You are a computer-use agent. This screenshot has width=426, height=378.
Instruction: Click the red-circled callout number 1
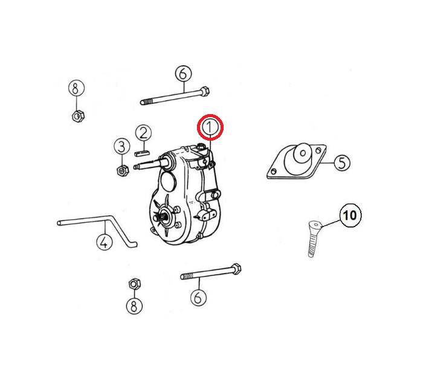point(210,127)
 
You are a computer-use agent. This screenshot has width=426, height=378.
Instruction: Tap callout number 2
point(143,132)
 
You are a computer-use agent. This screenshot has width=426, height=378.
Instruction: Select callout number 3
point(121,147)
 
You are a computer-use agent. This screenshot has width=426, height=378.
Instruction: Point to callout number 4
point(105,242)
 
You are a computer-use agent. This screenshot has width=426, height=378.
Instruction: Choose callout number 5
point(342,162)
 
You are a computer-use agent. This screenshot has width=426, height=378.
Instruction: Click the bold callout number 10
point(350,215)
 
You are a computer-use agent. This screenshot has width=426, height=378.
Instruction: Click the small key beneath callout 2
point(142,153)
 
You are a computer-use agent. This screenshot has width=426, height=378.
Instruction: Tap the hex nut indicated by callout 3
point(122,170)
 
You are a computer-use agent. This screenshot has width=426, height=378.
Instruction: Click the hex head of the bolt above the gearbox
point(204,92)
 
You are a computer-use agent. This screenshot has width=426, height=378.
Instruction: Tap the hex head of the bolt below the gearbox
point(236,269)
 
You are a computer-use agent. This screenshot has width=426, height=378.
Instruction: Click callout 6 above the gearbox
point(183,74)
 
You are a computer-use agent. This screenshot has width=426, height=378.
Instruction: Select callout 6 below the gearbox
point(198,298)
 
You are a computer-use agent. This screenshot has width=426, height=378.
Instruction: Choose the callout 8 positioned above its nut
point(76,88)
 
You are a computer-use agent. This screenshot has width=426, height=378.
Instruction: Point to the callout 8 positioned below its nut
point(134,306)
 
